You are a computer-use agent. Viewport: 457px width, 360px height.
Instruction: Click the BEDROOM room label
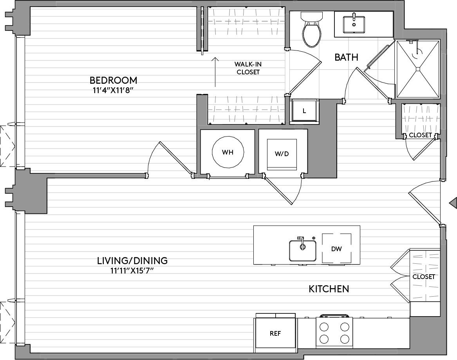(113, 80)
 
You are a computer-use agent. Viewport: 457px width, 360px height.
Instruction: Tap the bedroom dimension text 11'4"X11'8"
(113, 90)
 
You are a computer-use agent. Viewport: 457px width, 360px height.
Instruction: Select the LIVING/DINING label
(132, 260)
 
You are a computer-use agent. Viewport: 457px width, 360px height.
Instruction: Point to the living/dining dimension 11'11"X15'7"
(132, 271)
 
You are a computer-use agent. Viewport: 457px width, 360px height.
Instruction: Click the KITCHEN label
(329, 289)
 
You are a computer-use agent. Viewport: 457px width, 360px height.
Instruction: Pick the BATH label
(346, 57)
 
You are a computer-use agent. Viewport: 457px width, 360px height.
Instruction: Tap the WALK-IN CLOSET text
(248, 68)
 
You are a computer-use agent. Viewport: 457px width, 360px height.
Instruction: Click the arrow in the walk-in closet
(215, 72)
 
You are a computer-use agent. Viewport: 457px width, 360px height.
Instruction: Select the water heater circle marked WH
(228, 152)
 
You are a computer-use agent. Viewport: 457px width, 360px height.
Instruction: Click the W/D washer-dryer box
(282, 154)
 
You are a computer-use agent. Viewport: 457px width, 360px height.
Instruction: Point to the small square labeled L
(304, 111)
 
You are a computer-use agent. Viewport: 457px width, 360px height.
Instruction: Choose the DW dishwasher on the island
(336, 249)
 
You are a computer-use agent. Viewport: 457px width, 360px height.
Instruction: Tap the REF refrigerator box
(275, 333)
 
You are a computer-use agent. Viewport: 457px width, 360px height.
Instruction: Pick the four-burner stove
(334, 333)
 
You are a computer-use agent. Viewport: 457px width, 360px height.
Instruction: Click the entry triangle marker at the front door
(453, 202)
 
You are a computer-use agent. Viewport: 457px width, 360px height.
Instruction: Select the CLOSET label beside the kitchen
(423, 277)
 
